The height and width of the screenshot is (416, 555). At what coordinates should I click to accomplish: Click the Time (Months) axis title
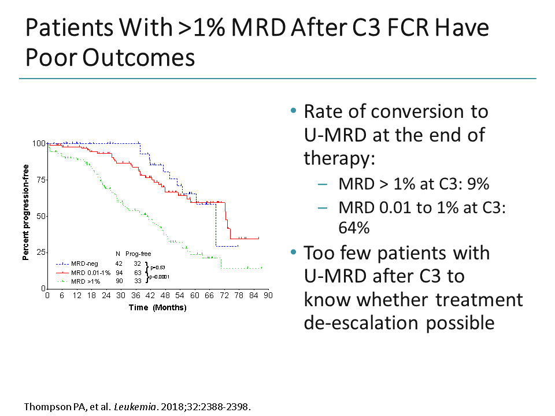157,308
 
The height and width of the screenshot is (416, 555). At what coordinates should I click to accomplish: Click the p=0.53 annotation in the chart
158,268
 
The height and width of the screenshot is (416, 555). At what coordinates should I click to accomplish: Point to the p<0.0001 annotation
160,277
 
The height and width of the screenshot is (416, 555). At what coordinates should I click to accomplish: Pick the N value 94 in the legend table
119,272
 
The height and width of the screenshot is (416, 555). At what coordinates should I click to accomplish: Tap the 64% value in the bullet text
353,228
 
